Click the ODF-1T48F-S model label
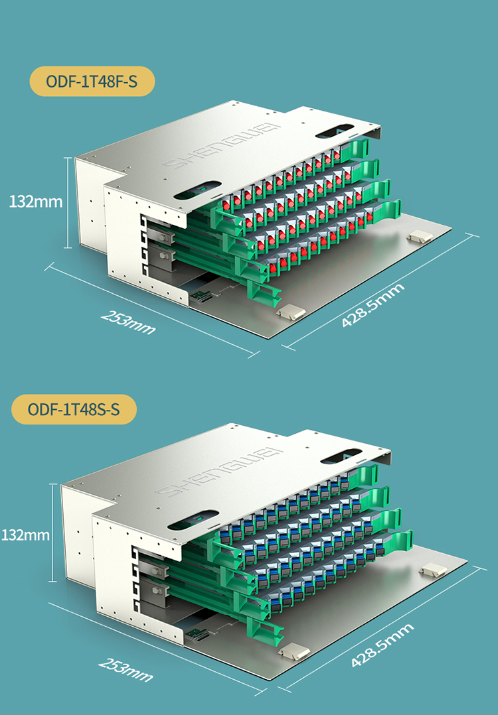click(92, 82)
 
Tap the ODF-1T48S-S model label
click(74, 409)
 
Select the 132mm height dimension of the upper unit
click(36, 201)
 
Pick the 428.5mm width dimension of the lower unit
click(382, 645)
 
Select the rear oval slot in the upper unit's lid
click(339, 130)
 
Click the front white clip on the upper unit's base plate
click(290, 311)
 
